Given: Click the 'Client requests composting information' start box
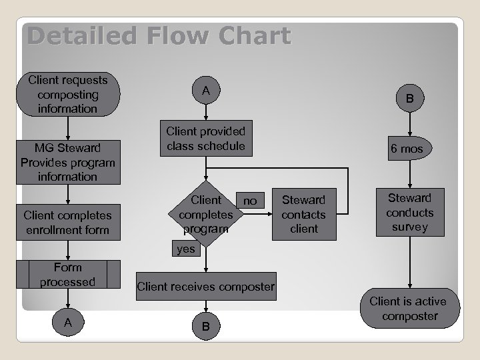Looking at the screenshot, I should click(68, 94).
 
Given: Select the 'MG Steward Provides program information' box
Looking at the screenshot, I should click(68, 162).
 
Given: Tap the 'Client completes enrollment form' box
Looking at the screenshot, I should click(68, 223).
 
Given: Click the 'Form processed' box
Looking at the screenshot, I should click(68, 275).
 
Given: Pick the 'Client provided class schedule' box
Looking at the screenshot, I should click(206, 139).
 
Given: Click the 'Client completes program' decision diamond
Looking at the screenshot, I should click(206, 214).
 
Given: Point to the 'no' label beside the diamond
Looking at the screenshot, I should click(250, 201).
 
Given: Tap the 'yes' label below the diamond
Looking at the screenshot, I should click(186, 249).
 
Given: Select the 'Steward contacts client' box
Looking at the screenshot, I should click(303, 214).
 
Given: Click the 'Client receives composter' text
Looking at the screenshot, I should click(205, 287).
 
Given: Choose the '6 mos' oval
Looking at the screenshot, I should click(407, 149).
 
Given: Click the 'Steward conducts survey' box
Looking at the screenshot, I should click(410, 213).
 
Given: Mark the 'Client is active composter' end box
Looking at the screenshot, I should click(409, 309).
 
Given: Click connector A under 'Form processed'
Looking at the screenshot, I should click(68, 323).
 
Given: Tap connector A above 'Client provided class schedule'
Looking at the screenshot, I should click(206, 91).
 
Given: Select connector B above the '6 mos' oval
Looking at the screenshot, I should click(409, 99).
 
